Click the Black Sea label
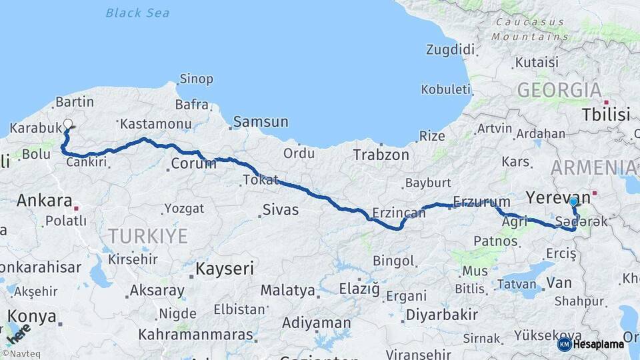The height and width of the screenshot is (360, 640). point(137,13)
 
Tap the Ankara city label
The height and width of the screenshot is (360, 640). point(44,200)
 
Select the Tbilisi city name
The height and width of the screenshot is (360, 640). point(605,115)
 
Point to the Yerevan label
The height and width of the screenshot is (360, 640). point(558,197)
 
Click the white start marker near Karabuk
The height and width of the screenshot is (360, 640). point(67,123)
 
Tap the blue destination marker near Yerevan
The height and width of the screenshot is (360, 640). point(573,201)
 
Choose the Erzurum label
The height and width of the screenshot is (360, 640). point(481,201)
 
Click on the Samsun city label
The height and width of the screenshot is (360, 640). point(261,122)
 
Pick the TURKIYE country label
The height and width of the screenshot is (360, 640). point(148,235)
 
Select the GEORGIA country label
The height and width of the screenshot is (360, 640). point(559,89)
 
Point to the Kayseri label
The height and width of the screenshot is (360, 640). point(225,269)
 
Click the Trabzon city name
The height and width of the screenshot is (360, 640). point(381,155)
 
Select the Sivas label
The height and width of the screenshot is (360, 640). point(280,211)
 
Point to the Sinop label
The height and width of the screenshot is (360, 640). point(196,79)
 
